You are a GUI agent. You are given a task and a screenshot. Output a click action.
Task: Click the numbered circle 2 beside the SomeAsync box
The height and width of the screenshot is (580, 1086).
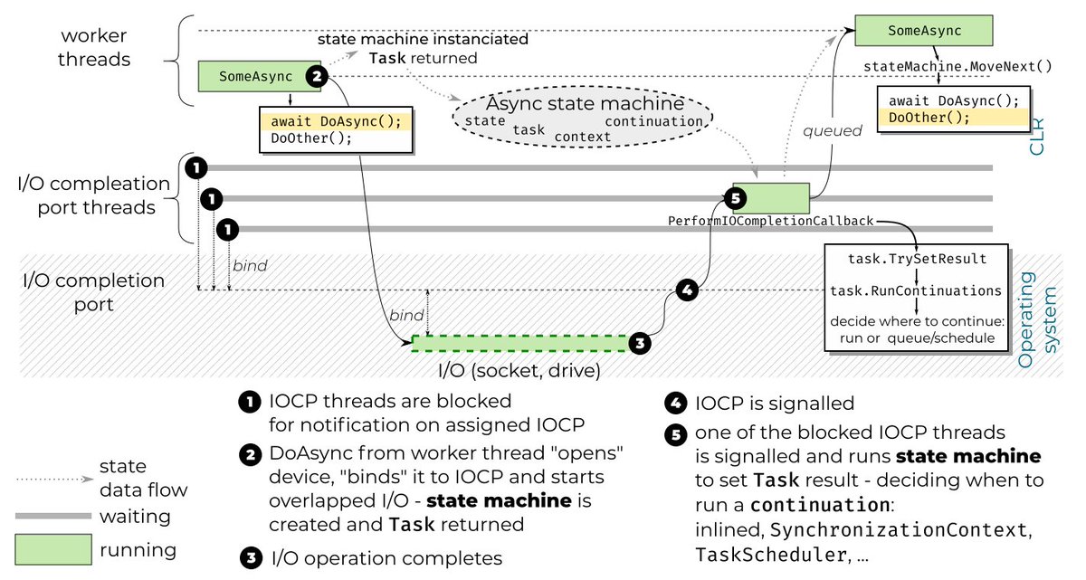point(316,76)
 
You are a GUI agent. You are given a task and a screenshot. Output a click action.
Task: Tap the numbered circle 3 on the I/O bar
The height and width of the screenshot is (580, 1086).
point(640,343)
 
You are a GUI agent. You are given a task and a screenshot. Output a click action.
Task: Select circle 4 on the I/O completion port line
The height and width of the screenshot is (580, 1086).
point(687,290)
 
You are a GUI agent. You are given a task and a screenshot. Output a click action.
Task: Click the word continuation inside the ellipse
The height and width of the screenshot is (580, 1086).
point(653,121)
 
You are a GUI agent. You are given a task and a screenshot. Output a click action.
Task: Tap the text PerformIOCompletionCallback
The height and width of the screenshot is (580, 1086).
point(770,221)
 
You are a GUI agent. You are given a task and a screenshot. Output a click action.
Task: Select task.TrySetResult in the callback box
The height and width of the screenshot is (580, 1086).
point(917,259)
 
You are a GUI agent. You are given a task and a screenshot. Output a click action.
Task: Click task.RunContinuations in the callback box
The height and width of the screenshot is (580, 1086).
point(917,290)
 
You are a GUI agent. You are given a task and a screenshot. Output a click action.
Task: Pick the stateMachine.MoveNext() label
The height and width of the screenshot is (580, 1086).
point(958,66)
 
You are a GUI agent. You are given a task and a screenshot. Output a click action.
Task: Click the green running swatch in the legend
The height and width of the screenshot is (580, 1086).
point(53,548)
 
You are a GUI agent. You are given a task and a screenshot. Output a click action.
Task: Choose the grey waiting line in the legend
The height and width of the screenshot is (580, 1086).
point(53,515)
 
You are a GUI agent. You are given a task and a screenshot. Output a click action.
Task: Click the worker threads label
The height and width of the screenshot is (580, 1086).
point(95,48)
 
